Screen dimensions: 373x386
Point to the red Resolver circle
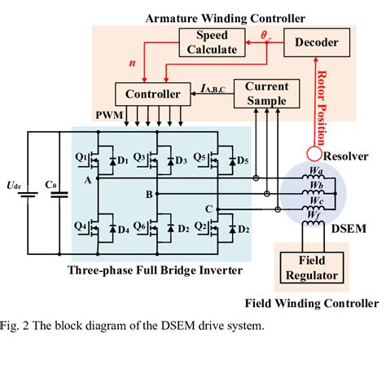pos(312,151)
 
